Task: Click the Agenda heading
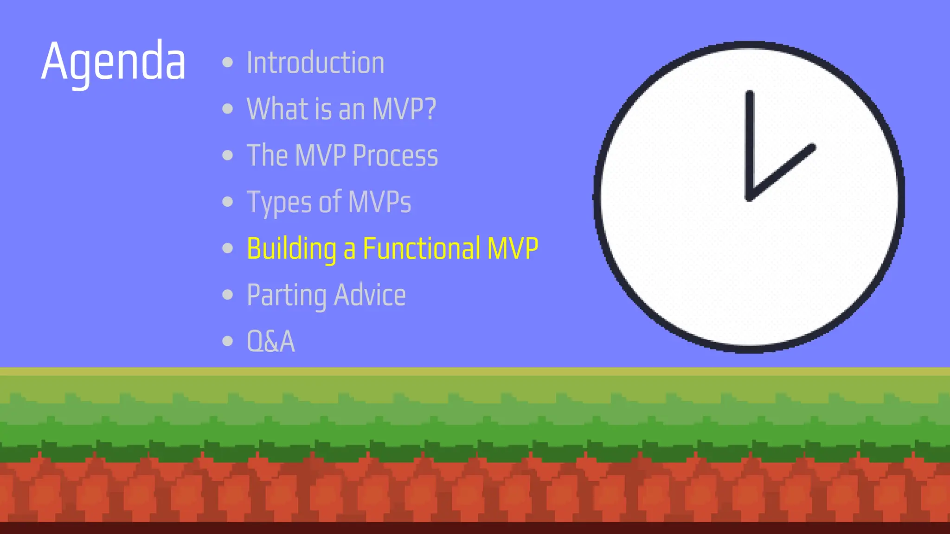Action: tap(113, 61)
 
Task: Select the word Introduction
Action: tap(315, 63)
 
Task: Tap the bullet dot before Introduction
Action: tap(227, 62)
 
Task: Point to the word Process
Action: tap(395, 155)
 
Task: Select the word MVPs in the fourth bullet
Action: tap(379, 202)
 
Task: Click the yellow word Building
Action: tap(291, 248)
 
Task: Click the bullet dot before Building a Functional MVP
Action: tap(227, 248)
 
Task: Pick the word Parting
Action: tap(287, 295)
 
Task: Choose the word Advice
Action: tap(370, 295)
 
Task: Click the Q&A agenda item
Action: tap(271, 342)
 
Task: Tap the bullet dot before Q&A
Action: tap(227, 341)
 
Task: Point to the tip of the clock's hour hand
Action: tap(812, 147)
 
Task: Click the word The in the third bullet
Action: tap(267, 155)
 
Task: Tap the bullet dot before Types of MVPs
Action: tap(227, 202)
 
